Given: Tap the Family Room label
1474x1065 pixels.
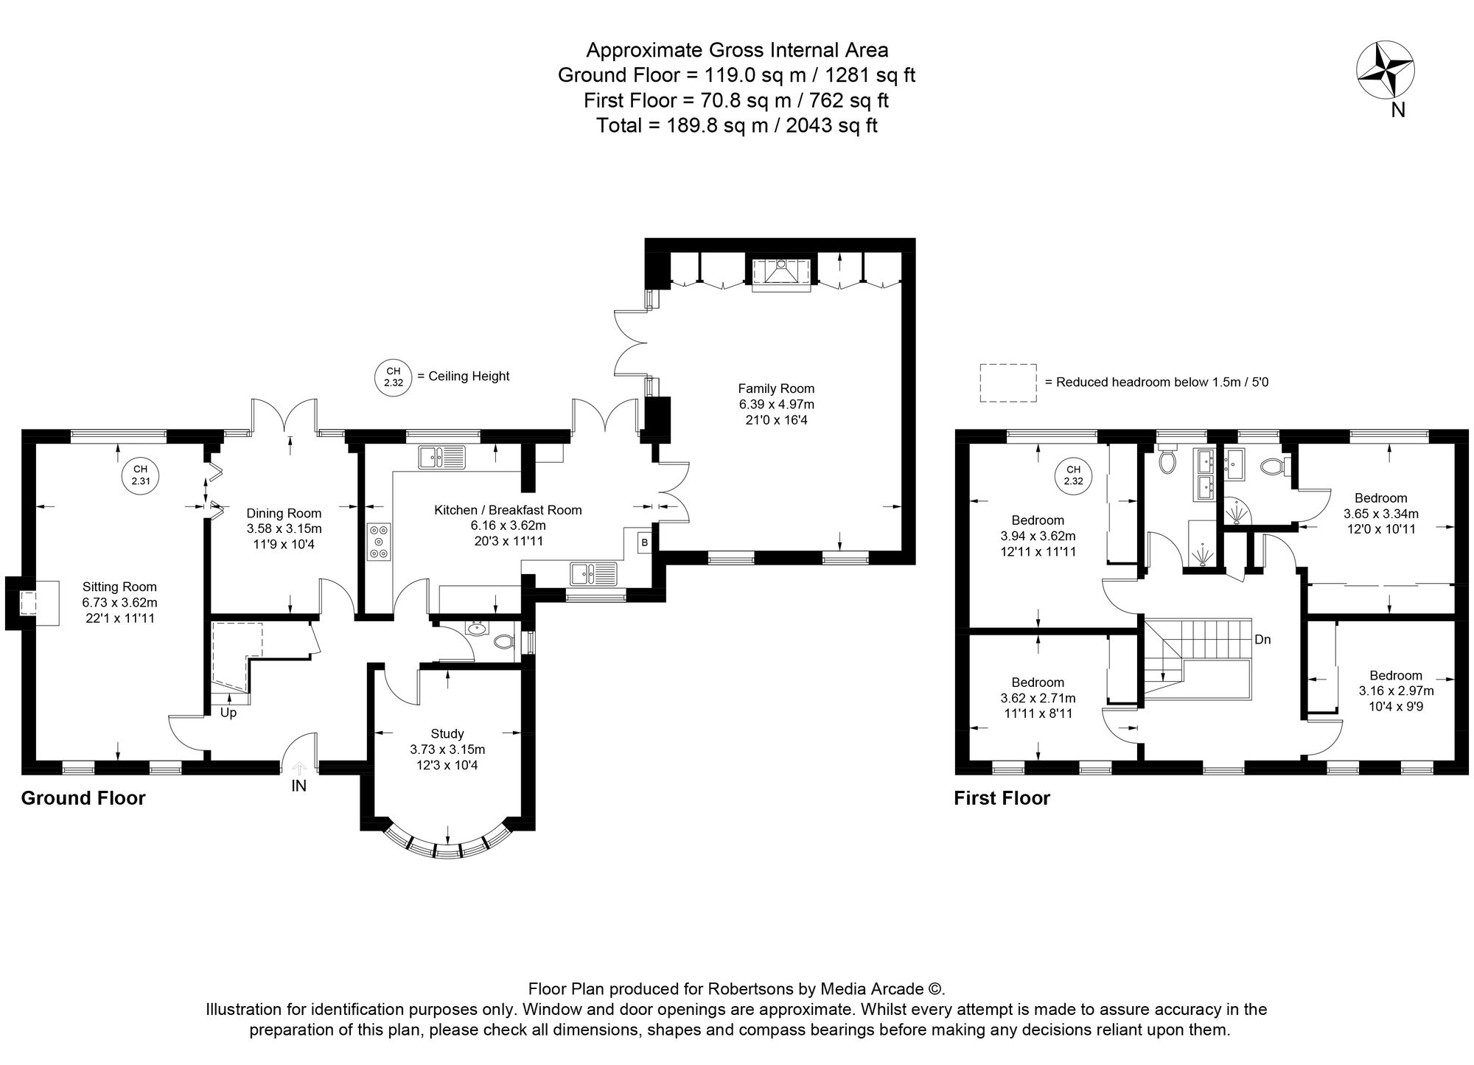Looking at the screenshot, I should (776, 388).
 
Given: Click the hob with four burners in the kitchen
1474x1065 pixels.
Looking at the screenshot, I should (380, 542).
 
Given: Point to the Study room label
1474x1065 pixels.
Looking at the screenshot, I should (447, 733).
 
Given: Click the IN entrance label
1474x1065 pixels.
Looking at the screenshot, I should (298, 786).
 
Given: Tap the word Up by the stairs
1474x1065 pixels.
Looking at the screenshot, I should (228, 713).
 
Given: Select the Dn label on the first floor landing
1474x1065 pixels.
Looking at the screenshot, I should (1262, 640).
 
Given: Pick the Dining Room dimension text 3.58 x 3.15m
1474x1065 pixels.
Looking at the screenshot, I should (284, 528).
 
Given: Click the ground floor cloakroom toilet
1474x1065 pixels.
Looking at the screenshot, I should (503, 641).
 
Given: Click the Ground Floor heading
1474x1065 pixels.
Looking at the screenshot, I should (83, 798).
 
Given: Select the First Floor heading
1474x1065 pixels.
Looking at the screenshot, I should (1002, 798).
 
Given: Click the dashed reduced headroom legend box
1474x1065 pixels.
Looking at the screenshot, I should (1007, 383).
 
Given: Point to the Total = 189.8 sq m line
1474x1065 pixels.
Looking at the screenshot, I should (736, 125).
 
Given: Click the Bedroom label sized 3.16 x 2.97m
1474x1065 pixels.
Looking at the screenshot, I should (1396, 675).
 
